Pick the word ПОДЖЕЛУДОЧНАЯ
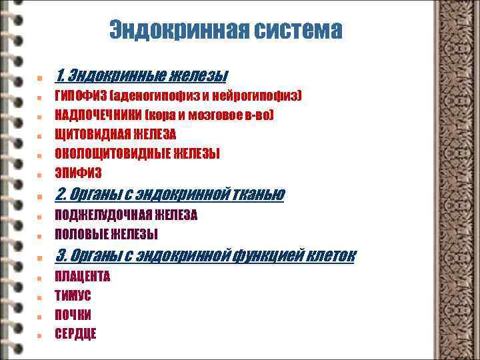104,215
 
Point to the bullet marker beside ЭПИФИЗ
41,175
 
